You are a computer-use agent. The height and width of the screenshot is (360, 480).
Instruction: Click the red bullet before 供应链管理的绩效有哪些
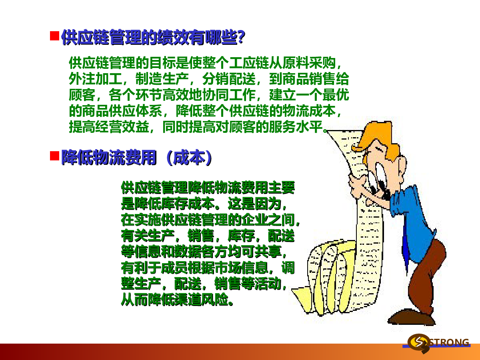tap(54, 36)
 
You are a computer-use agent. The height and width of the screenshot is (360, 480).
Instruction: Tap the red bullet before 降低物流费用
tap(54, 156)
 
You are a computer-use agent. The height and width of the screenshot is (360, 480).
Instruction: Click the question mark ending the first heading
tap(241, 37)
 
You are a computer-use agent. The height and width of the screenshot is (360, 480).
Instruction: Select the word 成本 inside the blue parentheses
tap(189, 157)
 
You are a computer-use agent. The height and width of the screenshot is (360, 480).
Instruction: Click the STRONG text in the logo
tap(449, 342)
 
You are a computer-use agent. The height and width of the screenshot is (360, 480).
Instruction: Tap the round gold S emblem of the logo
tap(418, 342)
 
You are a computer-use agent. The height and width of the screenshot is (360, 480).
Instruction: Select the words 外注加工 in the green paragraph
tap(95, 79)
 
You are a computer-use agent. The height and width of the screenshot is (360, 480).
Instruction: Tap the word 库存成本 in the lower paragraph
tap(188, 204)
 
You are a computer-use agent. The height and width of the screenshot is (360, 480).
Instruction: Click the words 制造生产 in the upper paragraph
tap(162, 79)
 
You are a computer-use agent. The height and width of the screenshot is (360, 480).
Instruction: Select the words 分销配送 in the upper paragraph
tap(229, 79)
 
